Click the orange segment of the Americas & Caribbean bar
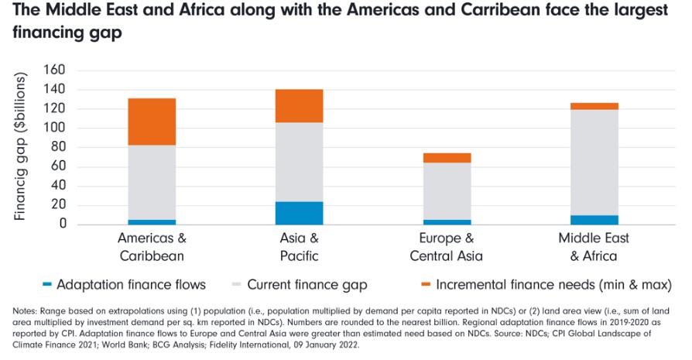152,122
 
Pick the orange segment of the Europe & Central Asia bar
447,158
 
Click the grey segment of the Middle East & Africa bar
594,162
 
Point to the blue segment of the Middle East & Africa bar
594,220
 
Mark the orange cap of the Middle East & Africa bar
594,106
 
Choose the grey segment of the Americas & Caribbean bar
152,182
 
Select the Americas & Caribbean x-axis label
152,247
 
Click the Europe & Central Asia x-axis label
447,247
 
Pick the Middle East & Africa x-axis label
594,247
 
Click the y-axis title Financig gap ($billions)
21,147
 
